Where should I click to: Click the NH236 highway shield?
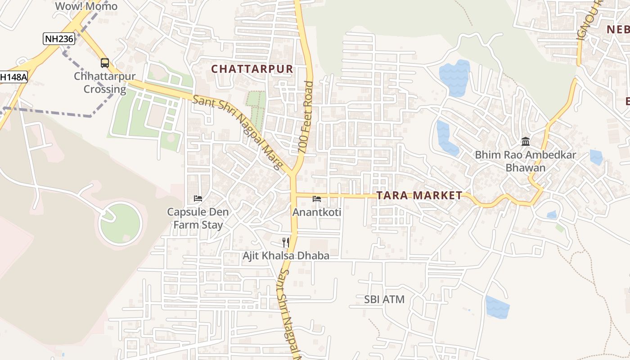tap(58, 39)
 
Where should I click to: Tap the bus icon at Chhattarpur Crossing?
tap(105, 63)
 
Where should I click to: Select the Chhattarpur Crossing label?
tap(105, 83)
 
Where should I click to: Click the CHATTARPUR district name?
tap(252, 69)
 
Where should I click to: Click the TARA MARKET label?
tap(419, 195)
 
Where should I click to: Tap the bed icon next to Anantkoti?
tap(317, 199)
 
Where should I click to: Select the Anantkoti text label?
tap(317, 212)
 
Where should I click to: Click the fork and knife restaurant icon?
tap(286, 243)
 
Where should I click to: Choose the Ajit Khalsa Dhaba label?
tap(286, 256)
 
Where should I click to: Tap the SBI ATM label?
tap(384, 299)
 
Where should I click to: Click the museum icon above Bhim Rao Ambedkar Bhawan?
tap(525, 142)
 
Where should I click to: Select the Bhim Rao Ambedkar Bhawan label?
tap(525, 162)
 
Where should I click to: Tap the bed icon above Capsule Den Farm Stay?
tap(198, 198)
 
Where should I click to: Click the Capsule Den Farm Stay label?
tap(198, 218)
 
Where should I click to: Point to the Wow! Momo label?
tap(86, 6)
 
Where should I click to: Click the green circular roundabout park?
tap(120, 224)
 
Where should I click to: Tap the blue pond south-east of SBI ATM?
tap(497, 307)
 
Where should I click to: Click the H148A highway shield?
tap(13, 77)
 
